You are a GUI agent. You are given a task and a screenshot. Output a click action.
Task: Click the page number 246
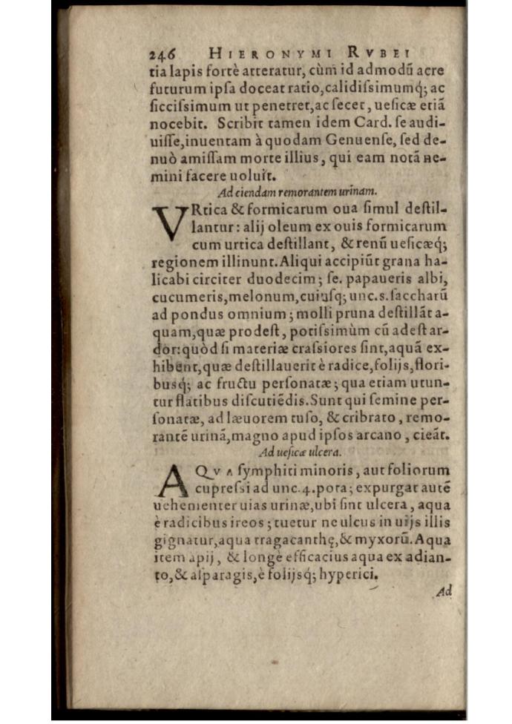(162, 54)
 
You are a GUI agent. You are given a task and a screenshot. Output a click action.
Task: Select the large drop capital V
(168, 223)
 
